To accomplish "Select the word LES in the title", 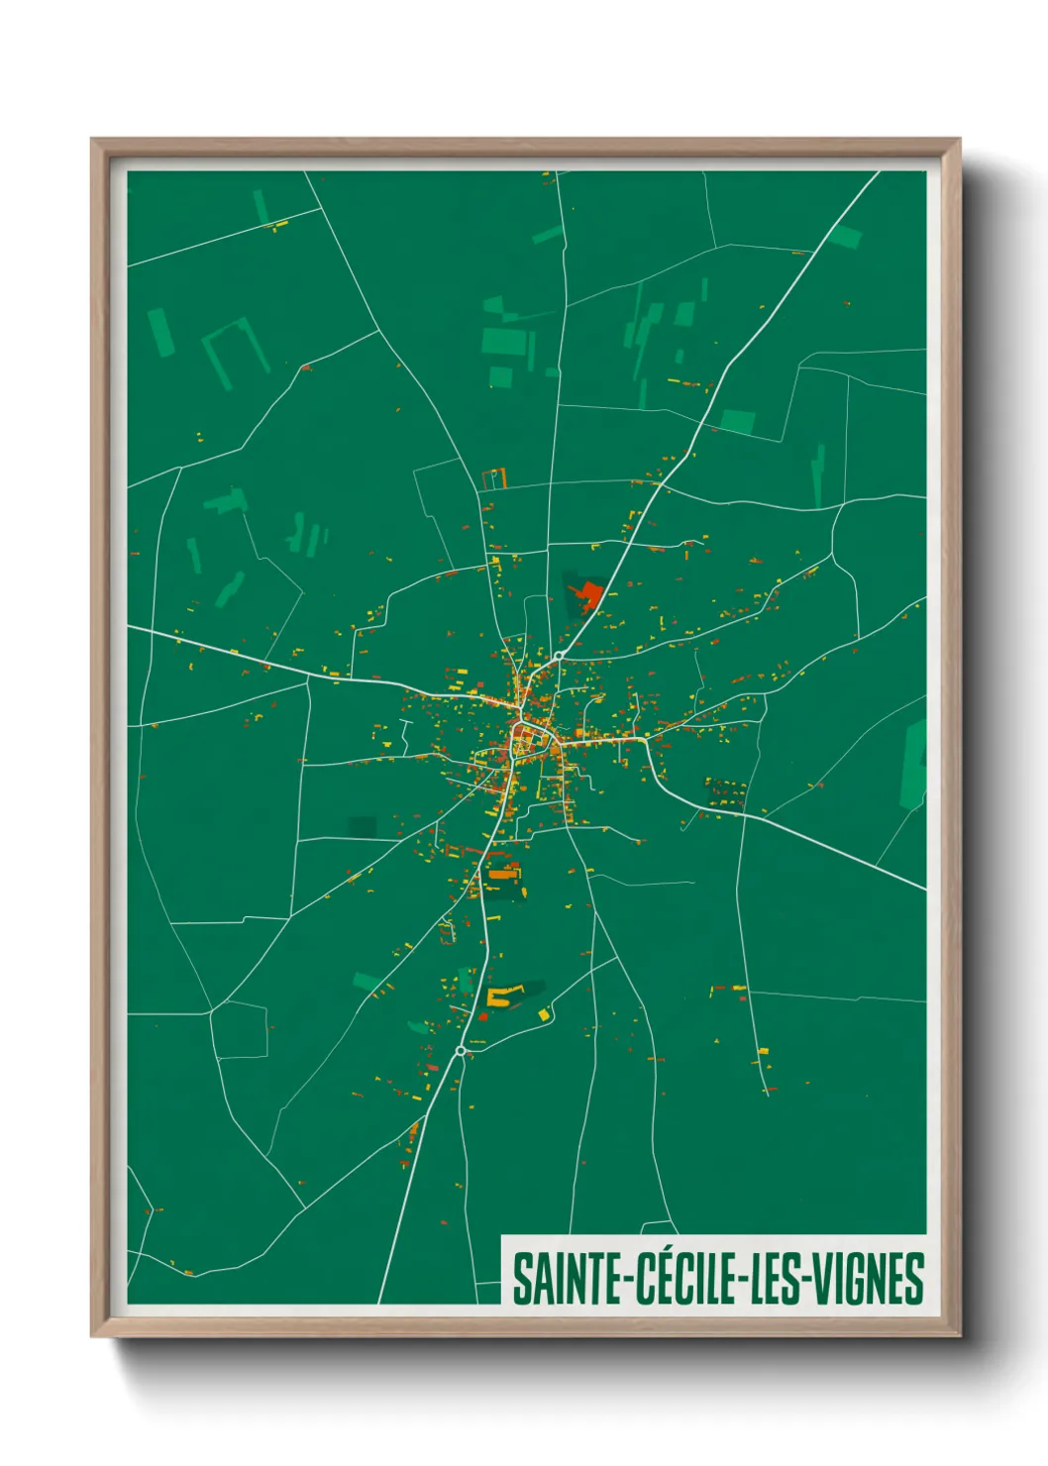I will pos(782,1279).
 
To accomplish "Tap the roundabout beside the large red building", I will pos(559,656).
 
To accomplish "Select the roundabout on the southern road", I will pos(461,1050).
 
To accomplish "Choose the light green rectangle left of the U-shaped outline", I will pos(160,332).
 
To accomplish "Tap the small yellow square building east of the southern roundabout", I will pos(543,1014).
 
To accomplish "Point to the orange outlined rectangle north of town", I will pos(493,479).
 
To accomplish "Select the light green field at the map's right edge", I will pos(914,763).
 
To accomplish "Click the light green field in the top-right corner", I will pos(845,237).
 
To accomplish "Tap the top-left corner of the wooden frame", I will pos(92,140).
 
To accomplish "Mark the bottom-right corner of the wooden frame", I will pos(959,1335).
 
